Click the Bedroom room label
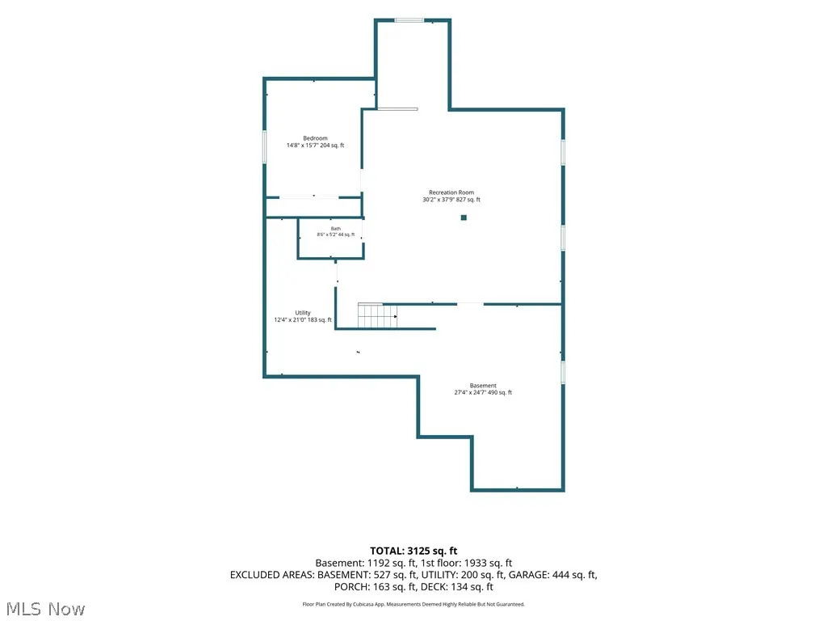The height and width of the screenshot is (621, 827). click(316, 138)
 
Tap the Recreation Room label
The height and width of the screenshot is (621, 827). click(451, 192)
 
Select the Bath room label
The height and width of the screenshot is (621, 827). click(335, 229)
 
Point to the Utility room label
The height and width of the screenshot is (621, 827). click(303, 313)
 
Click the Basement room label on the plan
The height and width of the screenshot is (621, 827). click(483, 386)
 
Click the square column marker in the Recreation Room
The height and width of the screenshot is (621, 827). click(464, 218)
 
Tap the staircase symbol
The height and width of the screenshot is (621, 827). click(377, 316)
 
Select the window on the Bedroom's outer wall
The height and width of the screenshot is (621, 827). click(264, 146)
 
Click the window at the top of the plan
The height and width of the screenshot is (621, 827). click(409, 20)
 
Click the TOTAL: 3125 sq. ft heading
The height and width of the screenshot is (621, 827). click(413, 551)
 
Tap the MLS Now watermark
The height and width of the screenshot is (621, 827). click(45, 609)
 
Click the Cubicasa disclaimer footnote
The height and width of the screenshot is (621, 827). click(413, 604)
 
